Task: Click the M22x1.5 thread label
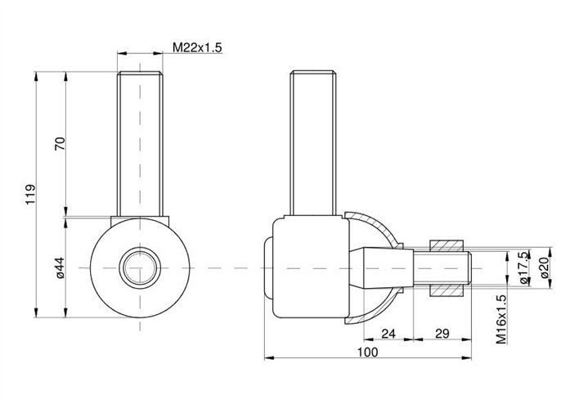point(197,47)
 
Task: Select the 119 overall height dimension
point(30,195)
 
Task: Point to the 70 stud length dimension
point(60,143)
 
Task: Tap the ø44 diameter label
point(60,267)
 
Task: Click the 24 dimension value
point(388,334)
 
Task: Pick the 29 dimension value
point(442,334)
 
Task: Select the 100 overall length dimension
point(367,352)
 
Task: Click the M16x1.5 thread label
point(501,319)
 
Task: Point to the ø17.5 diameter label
point(523,267)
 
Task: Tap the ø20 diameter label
point(545,267)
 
